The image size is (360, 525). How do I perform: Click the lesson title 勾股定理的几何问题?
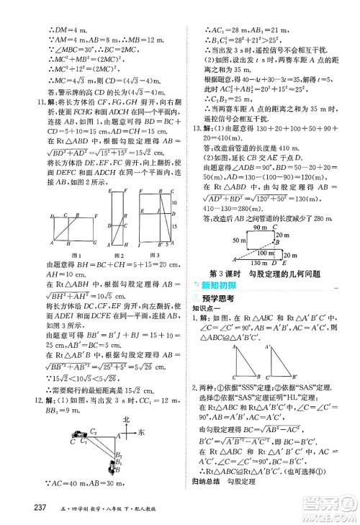[x=282, y=273]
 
